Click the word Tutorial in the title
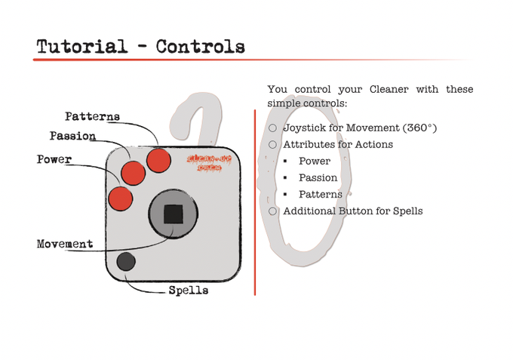click(x=81, y=46)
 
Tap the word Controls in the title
click(x=200, y=46)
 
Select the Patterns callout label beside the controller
click(x=92, y=117)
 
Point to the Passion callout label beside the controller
click(x=72, y=137)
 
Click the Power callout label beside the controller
click(x=54, y=160)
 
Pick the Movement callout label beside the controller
click(x=65, y=245)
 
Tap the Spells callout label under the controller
click(x=188, y=290)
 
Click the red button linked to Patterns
click(x=158, y=161)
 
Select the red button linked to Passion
click(x=134, y=173)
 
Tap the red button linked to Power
click(x=121, y=198)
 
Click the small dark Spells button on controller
click(x=126, y=262)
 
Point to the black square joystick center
click(x=174, y=214)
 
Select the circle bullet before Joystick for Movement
click(x=273, y=128)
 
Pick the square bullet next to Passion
click(x=287, y=178)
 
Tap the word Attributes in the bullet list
click(x=309, y=145)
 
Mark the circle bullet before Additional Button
click(x=273, y=211)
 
